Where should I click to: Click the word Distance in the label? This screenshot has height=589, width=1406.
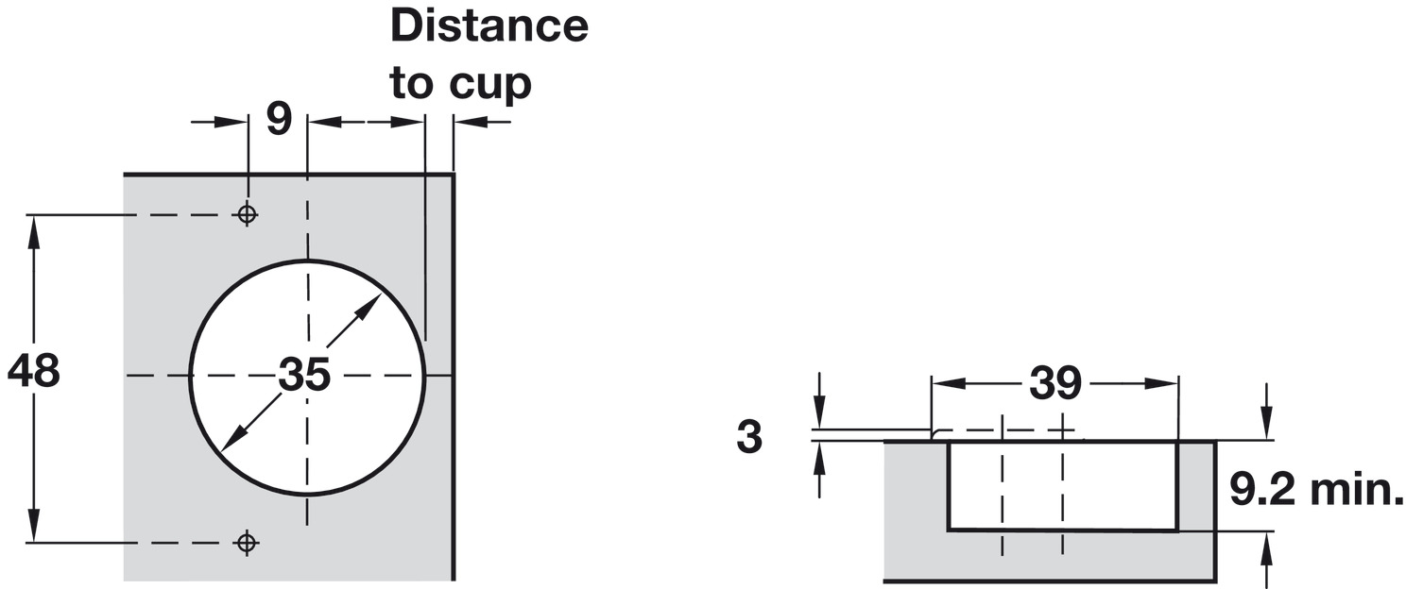tap(489, 26)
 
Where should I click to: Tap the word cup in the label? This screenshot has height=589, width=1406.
tap(489, 83)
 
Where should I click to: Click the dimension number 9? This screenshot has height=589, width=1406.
tap(278, 121)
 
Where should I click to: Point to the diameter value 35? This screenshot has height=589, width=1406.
tap(304, 376)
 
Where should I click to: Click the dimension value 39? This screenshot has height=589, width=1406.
tap(1054, 383)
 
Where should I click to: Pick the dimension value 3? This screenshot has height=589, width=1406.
tap(749, 438)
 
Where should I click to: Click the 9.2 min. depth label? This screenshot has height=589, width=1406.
tap(1316, 490)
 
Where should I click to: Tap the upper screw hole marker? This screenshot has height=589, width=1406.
tap(247, 214)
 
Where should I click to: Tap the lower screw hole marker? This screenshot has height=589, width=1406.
tap(247, 543)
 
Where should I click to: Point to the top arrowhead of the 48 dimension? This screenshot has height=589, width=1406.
tap(35, 227)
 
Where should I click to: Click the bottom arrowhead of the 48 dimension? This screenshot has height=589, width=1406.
tap(35, 530)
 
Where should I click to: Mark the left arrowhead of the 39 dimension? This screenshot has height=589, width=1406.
tap(945, 383)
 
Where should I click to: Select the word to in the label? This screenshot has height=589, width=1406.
tap(412, 83)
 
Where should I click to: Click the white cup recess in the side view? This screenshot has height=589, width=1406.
tap(1062, 485)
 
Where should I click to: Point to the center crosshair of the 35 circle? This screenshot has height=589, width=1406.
tap(307, 376)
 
